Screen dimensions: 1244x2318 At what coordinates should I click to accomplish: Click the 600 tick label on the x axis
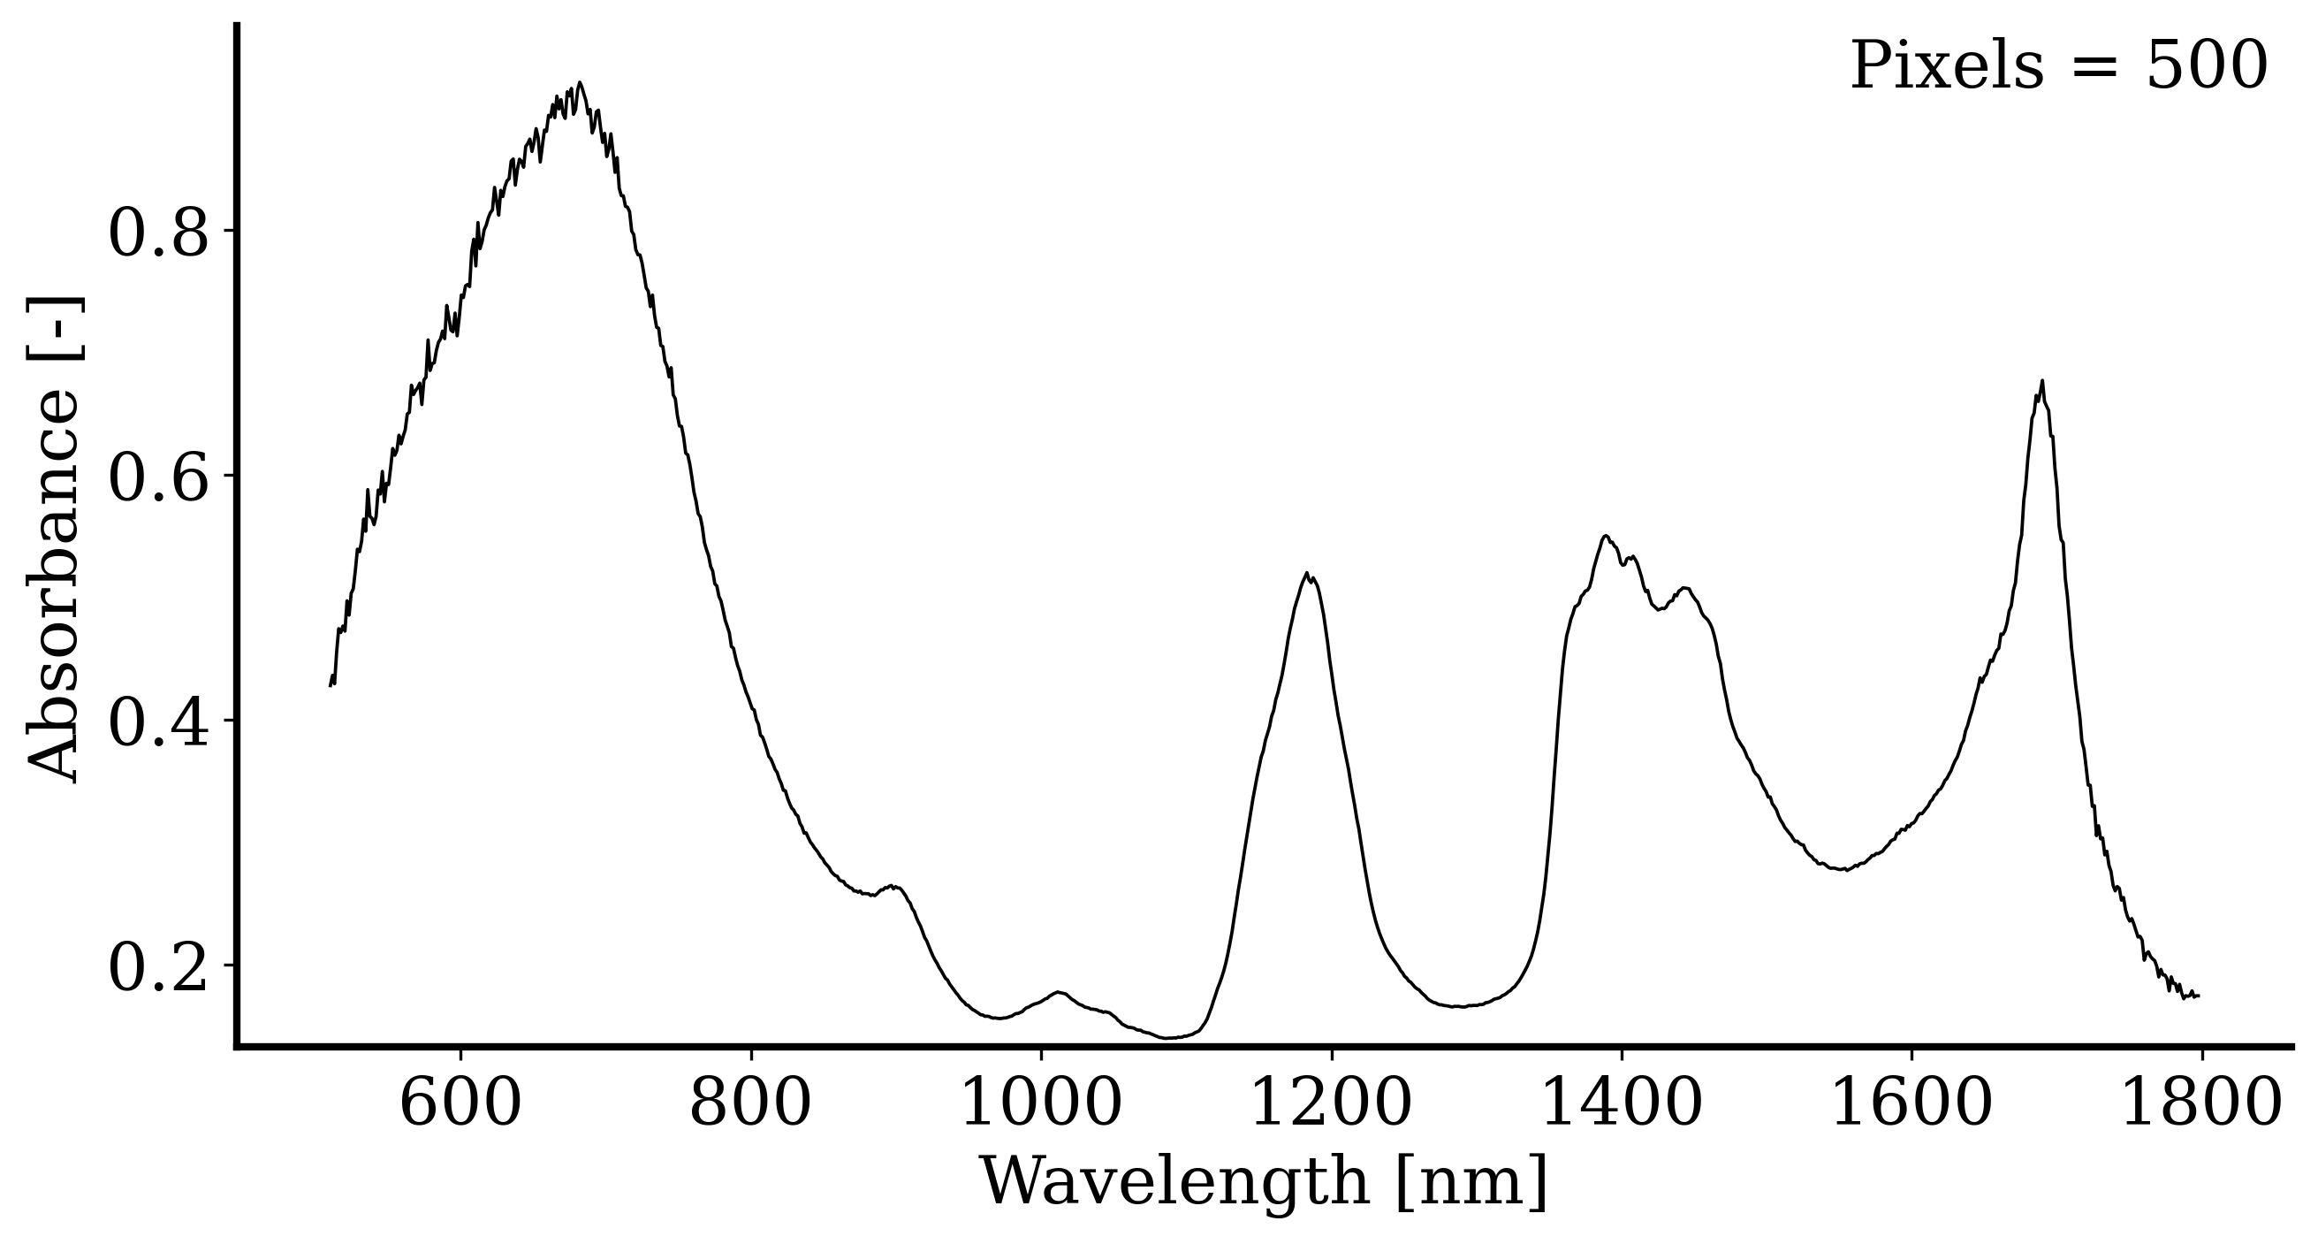(x=460, y=1104)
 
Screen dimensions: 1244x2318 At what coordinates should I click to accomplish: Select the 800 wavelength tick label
(x=750, y=1104)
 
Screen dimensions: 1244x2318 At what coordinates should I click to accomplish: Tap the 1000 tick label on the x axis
(x=1041, y=1104)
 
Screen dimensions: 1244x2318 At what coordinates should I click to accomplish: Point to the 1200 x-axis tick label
(x=1331, y=1104)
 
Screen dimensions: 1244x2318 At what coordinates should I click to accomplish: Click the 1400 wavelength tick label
(x=1622, y=1104)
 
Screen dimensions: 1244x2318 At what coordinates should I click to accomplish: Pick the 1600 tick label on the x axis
(x=1911, y=1104)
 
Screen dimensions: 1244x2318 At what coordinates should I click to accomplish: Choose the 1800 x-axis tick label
(x=2201, y=1104)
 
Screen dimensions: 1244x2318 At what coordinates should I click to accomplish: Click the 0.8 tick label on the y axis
(x=158, y=233)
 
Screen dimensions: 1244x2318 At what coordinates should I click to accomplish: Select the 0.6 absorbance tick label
(x=158, y=477)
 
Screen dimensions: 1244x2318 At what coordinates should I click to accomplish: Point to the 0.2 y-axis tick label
(x=158, y=966)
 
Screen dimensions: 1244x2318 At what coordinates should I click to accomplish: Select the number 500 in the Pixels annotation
(x=2207, y=67)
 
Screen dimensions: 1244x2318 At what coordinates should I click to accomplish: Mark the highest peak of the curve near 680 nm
(x=581, y=83)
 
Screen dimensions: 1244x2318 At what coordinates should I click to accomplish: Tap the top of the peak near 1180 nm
(x=1306, y=573)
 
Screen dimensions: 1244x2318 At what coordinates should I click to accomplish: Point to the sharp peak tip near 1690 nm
(x=2041, y=381)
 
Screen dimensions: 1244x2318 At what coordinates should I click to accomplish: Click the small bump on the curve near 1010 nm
(x=1059, y=992)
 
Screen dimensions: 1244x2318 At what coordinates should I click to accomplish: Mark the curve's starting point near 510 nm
(x=331, y=686)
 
